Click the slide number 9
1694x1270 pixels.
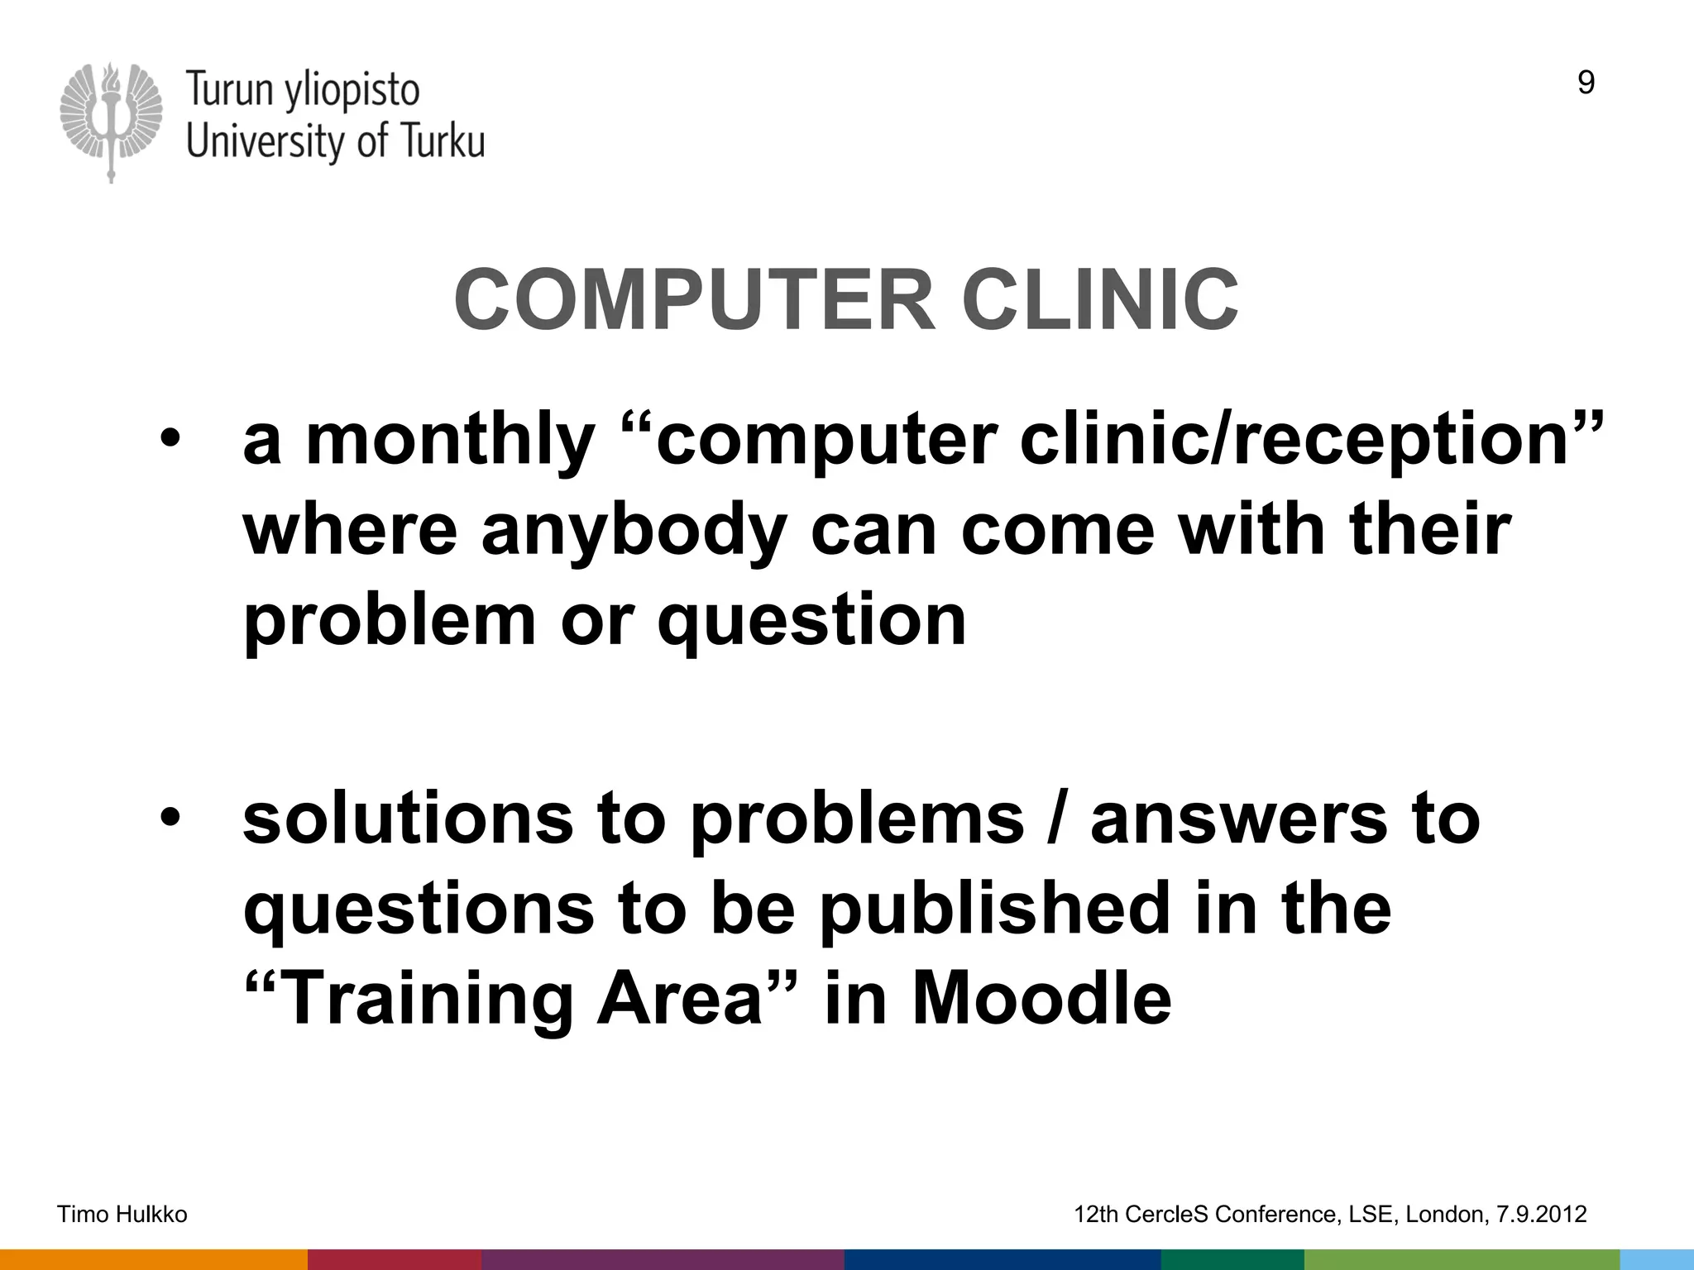1586,84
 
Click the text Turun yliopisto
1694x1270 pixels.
303,89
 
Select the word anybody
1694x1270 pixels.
634,532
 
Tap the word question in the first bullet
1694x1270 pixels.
811,622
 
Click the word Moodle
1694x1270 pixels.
1041,999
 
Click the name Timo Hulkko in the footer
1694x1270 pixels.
122,1215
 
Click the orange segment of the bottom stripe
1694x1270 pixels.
153,1259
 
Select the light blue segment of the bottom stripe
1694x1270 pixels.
1656,1259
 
